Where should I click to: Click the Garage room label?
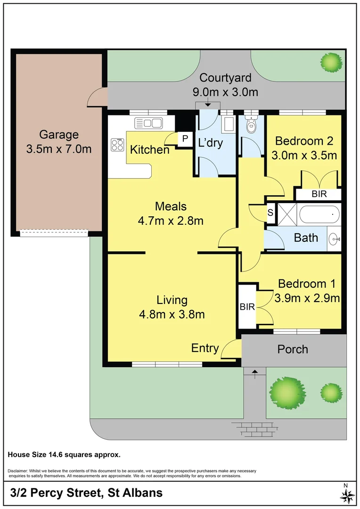(x=59, y=134)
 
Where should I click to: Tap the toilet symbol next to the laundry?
(x=251, y=123)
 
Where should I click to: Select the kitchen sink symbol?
(x=148, y=123)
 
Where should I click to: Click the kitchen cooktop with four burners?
(x=117, y=145)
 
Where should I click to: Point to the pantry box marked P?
(x=185, y=139)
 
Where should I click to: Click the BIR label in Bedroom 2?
(x=319, y=194)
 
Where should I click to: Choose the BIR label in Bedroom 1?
(x=247, y=306)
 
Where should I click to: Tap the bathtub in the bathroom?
(x=319, y=214)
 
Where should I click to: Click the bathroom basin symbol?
(x=334, y=239)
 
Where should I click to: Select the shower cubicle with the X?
(x=287, y=214)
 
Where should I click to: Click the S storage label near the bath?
(x=270, y=213)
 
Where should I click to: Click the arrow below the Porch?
(x=255, y=374)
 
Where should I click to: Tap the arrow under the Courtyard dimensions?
(x=207, y=104)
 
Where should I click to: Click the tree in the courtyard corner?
(x=331, y=62)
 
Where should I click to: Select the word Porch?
(x=293, y=349)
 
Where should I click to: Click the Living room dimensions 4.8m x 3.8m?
(x=172, y=314)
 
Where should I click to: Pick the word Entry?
(x=205, y=348)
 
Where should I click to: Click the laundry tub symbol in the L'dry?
(x=229, y=124)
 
